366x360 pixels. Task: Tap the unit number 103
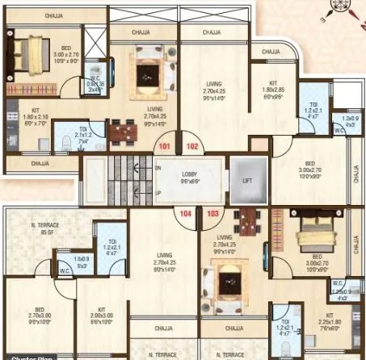click(213, 214)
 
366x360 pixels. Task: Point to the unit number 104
click(187, 214)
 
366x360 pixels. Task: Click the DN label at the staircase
click(158, 167)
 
